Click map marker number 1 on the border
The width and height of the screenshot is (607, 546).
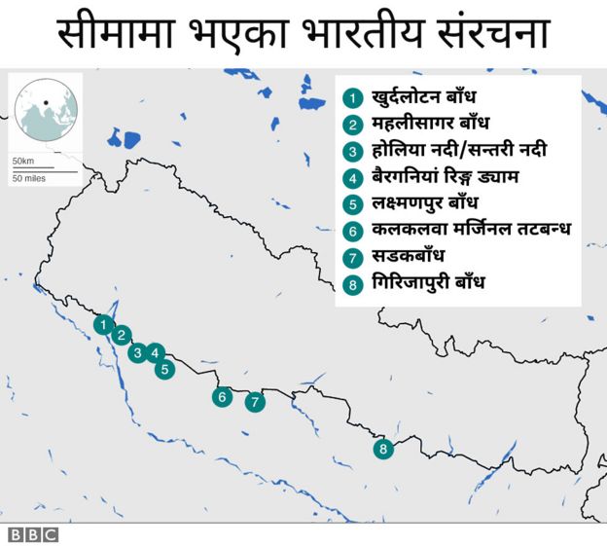101,323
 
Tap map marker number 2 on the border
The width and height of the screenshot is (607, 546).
121,336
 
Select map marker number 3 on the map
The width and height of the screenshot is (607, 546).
137,352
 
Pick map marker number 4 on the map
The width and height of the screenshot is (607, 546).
157,353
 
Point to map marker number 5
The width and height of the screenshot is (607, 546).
164,369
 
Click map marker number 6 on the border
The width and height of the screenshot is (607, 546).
223,396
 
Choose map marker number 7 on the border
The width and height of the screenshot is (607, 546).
255,401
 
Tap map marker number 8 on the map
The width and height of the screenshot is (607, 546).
383,449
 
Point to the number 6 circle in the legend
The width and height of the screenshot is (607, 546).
352,232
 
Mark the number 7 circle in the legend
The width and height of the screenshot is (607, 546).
352,258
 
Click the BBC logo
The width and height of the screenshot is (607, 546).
33,534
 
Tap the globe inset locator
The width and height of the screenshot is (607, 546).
46,108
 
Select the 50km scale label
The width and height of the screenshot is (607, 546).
22,160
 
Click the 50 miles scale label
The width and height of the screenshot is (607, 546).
29,179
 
